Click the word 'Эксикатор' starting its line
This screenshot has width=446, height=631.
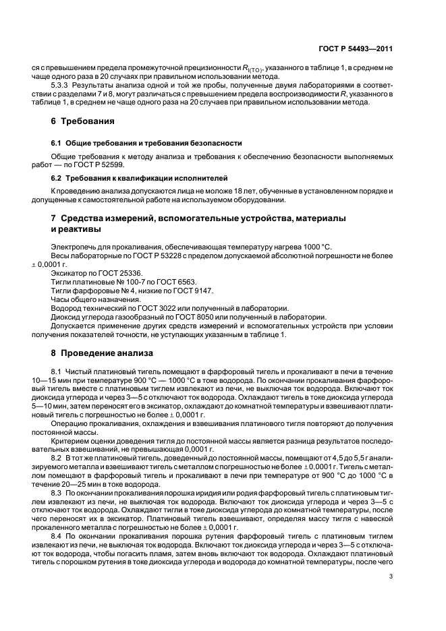pos(68,275)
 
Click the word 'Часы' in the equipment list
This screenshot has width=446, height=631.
pos(61,299)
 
